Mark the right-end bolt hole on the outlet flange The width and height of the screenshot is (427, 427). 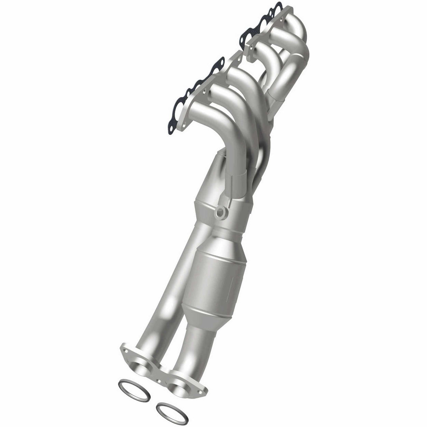tap(201, 390)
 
